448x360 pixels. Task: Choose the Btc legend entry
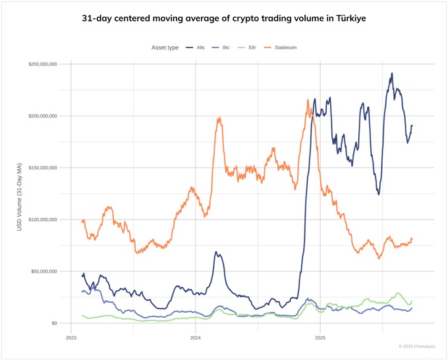click(x=225, y=47)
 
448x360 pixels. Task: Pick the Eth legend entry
click(x=251, y=47)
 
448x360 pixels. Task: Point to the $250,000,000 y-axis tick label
click(x=42, y=64)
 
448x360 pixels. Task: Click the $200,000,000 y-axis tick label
click(x=42, y=116)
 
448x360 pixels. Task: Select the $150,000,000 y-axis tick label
click(x=42, y=167)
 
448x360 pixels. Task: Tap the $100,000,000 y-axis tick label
click(x=42, y=220)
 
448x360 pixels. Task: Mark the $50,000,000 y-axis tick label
click(x=43, y=271)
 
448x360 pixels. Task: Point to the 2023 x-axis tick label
click(x=71, y=337)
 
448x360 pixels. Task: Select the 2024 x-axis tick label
click(x=196, y=337)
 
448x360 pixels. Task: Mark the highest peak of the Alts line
click(x=392, y=74)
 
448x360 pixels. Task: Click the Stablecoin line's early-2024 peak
click(x=219, y=119)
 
